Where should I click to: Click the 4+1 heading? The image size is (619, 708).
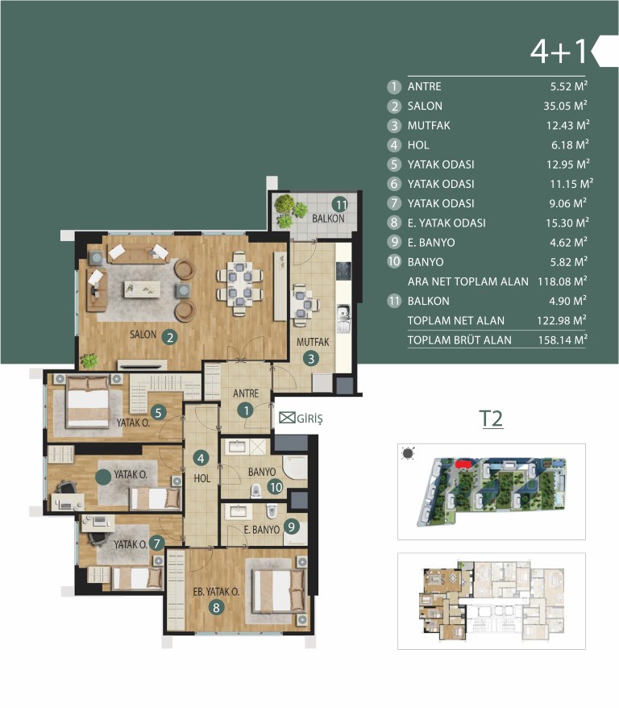pyautogui.click(x=559, y=51)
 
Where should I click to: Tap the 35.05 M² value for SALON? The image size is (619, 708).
pyautogui.click(x=565, y=106)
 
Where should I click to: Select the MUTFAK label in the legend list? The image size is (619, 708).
pyautogui.click(x=429, y=126)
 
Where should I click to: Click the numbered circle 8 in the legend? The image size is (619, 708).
pyautogui.click(x=394, y=223)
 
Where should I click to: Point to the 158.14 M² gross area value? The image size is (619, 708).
pyautogui.click(x=563, y=339)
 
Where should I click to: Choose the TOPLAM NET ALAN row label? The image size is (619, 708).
pyautogui.click(x=455, y=321)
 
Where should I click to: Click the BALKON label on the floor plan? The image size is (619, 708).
pyautogui.click(x=329, y=219)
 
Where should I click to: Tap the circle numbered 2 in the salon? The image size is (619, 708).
pyautogui.click(x=170, y=337)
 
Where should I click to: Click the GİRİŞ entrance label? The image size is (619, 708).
pyautogui.click(x=309, y=419)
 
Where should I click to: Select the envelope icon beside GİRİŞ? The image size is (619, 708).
pyautogui.click(x=287, y=418)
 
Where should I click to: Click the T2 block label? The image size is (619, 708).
pyautogui.click(x=491, y=419)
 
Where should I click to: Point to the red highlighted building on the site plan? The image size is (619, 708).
pyautogui.click(x=463, y=464)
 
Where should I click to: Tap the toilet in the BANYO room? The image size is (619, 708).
pyautogui.click(x=255, y=490)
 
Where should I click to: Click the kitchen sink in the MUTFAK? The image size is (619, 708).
pyautogui.click(x=343, y=319)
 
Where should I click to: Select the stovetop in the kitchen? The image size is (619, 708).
pyautogui.click(x=343, y=270)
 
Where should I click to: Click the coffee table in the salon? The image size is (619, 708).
pyautogui.click(x=142, y=289)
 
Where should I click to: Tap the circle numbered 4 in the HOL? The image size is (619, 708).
pyautogui.click(x=201, y=459)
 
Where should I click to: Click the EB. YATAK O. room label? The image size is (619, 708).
pyautogui.click(x=216, y=592)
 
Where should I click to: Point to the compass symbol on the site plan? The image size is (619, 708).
pyautogui.click(x=409, y=453)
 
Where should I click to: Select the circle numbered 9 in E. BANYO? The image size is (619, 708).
pyautogui.click(x=291, y=527)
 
